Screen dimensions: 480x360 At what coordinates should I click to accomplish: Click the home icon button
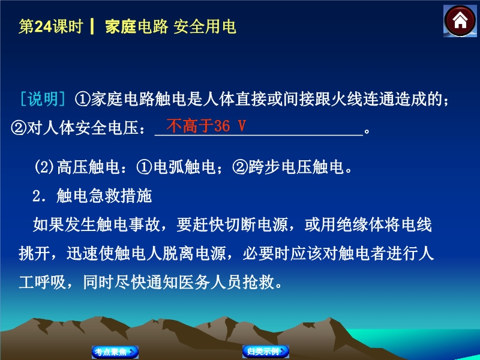tap(460, 21)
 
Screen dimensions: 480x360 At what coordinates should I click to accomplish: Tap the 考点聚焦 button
tap(115, 352)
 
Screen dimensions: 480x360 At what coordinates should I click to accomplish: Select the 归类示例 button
tap(266, 351)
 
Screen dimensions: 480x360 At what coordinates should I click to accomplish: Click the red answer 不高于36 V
tap(206, 125)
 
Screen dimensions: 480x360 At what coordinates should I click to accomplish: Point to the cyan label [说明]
tap(43, 99)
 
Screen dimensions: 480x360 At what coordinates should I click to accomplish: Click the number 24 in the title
tap(43, 26)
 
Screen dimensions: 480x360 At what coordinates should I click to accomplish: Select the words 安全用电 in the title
tap(205, 26)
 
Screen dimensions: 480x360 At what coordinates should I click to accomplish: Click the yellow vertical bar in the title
tap(92, 26)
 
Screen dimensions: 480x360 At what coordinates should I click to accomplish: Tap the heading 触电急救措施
tap(104, 196)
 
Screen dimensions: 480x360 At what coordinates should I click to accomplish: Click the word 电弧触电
tap(185, 167)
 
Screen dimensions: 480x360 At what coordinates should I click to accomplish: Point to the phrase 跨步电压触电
tap(296, 167)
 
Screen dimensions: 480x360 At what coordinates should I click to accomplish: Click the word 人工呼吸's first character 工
tap(26, 282)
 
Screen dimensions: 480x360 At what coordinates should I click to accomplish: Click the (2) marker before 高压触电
tap(44, 167)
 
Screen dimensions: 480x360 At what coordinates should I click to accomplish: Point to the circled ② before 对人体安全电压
tap(19, 128)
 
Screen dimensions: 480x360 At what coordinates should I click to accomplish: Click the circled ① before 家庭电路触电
tap(82, 99)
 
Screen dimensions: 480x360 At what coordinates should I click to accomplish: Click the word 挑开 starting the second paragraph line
tap(34, 253)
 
